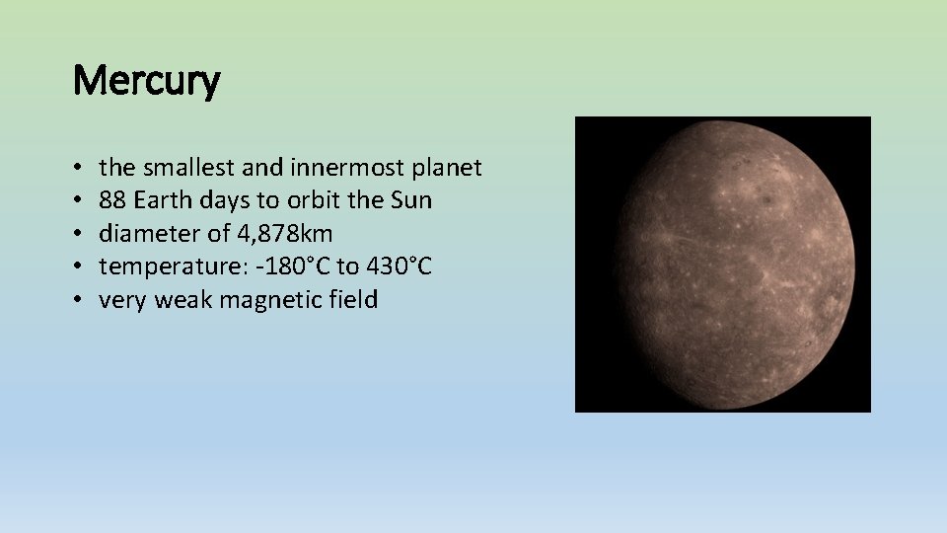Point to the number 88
tap(112, 200)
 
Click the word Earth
tap(163, 200)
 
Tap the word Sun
tap(410, 200)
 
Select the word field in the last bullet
tap(351, 300)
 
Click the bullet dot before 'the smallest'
tap(77, 169)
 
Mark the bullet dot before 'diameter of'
tap(77, 235)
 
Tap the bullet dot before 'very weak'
tap(77, 301)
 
